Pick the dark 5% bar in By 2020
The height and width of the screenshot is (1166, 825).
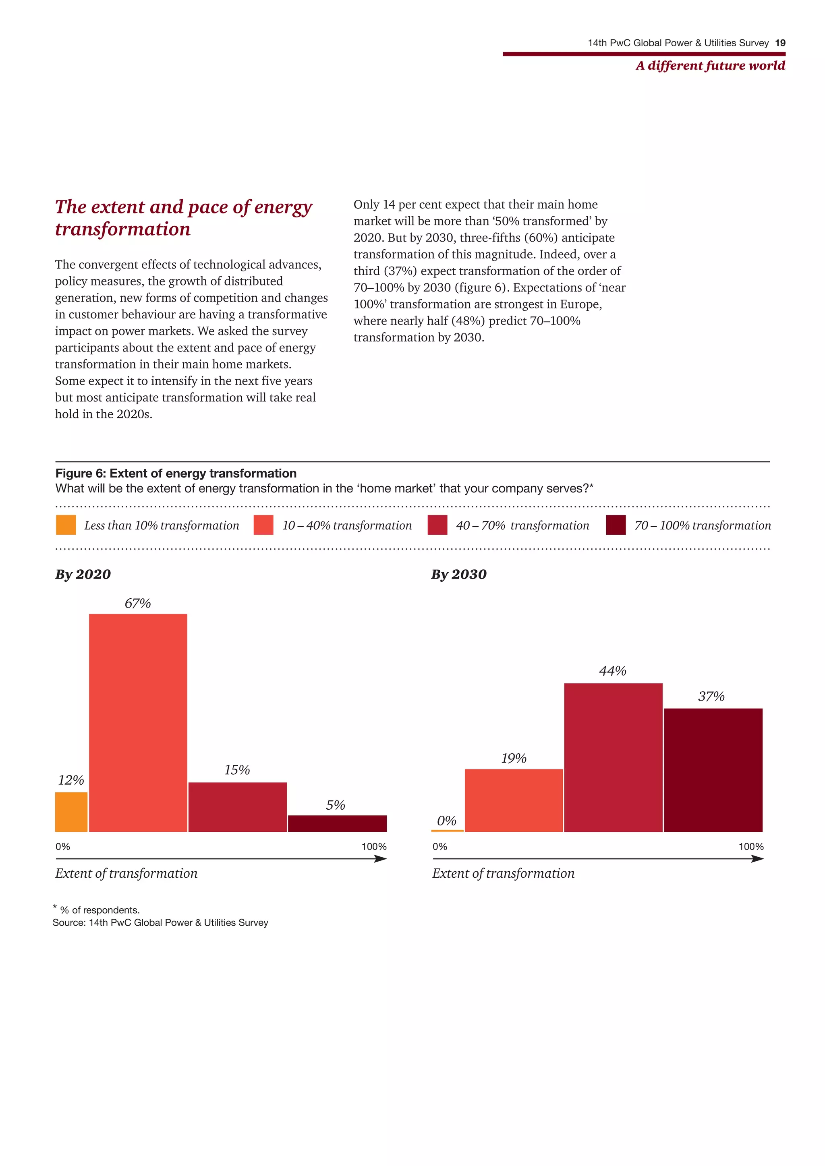pyautogui.click(x=337, y=823)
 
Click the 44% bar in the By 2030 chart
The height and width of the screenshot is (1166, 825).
pyautogui.click(x=613, y=757)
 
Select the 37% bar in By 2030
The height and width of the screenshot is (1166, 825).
pyautogui.click(x=713, y=770)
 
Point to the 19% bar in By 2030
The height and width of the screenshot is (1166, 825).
pyautogui.click(x=514, y=800)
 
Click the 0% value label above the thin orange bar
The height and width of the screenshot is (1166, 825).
pyautogui.click(x=446, y=821)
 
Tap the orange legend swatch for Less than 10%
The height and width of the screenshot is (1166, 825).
pyautogui.click(x=66, y=525)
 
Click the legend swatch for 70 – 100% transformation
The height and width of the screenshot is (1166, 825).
pyautogui.click(x=616, y=525)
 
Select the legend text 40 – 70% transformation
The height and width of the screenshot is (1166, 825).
pyautogui.click(x=522, y=525)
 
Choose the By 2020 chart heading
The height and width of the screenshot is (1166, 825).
pyautogui.click(x=83, y=575)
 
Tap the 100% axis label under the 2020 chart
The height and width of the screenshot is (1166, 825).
pyautogui.click(x=374, y=847)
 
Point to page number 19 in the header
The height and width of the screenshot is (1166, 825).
pyautogui.click(x=780, y=43)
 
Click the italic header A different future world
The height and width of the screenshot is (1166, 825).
pyautogui.click(x=710, y=66)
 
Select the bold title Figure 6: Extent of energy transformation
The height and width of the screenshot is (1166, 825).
pyautogui.click(x=176, y=473)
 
